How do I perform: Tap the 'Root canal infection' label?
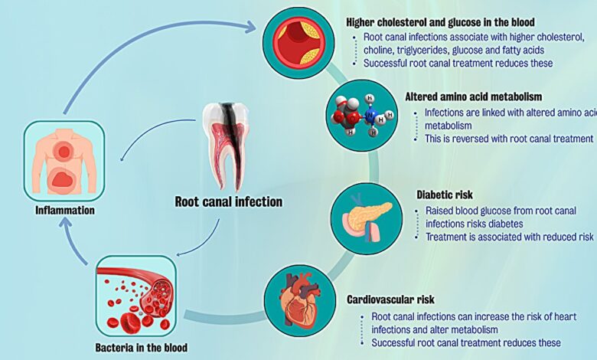coord(229,202)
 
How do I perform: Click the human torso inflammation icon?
coord(64,161)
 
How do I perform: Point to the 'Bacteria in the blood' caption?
coord(142,347)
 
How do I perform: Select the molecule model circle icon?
coord(360,115)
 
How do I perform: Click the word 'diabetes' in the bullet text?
coord(502,224)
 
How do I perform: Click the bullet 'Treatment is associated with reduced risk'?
coord(508,237)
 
